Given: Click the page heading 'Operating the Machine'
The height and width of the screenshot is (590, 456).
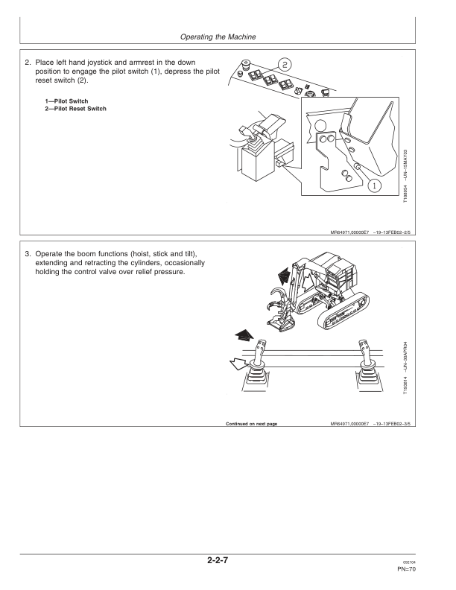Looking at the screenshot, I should (228, 36).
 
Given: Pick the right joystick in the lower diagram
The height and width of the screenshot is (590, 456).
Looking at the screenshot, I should (364, 365).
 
